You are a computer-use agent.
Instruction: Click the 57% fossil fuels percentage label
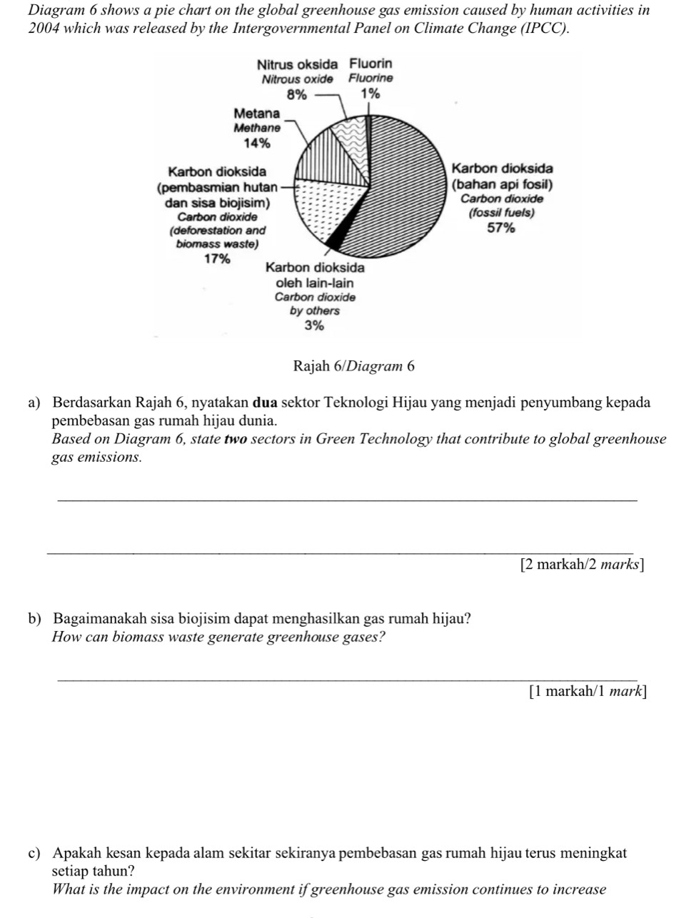point(500,228)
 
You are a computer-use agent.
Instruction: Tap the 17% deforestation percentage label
point(217,258)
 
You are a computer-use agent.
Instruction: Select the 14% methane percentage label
point(257,143)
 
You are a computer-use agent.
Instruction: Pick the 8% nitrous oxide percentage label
point(296,94)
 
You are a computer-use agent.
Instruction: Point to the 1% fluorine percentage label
point(370,94)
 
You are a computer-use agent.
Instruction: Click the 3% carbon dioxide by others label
point(314,326)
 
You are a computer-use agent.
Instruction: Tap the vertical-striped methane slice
point(325,161)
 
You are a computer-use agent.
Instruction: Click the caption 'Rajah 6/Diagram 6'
point(353,366)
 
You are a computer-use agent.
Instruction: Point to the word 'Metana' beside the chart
point(257,114)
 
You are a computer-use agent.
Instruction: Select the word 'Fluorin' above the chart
point(370,64)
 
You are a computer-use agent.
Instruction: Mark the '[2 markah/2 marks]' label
point(582,565)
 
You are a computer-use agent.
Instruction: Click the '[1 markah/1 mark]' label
point(587,691)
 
